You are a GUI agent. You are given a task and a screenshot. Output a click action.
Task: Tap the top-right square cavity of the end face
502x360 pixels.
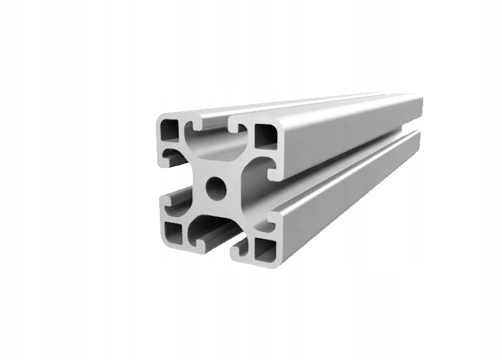pos(265,136)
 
